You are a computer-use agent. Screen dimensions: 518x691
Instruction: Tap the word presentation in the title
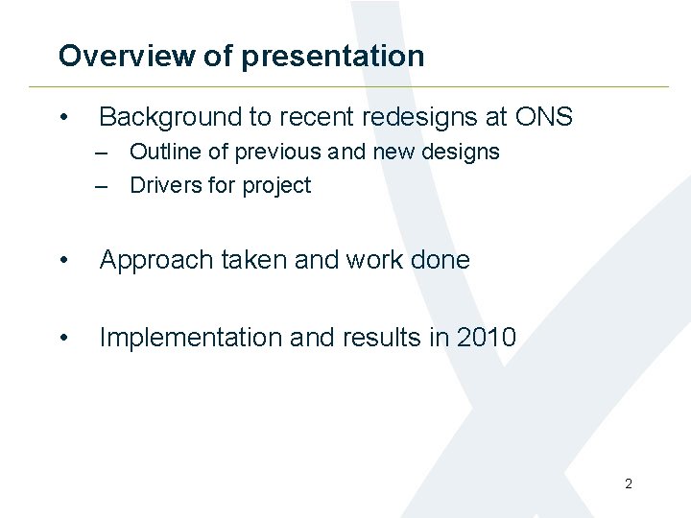[x=332, y=57]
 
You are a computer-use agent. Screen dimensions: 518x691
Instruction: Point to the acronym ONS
[x=543, y=117]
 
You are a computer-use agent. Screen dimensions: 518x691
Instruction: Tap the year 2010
[x=487, y=338]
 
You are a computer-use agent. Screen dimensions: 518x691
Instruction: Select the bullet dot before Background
[x=63, y=118]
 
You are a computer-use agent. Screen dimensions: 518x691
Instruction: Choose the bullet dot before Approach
[x=63, y=261]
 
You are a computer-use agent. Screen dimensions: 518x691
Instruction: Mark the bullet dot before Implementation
[x=63, y=339]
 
